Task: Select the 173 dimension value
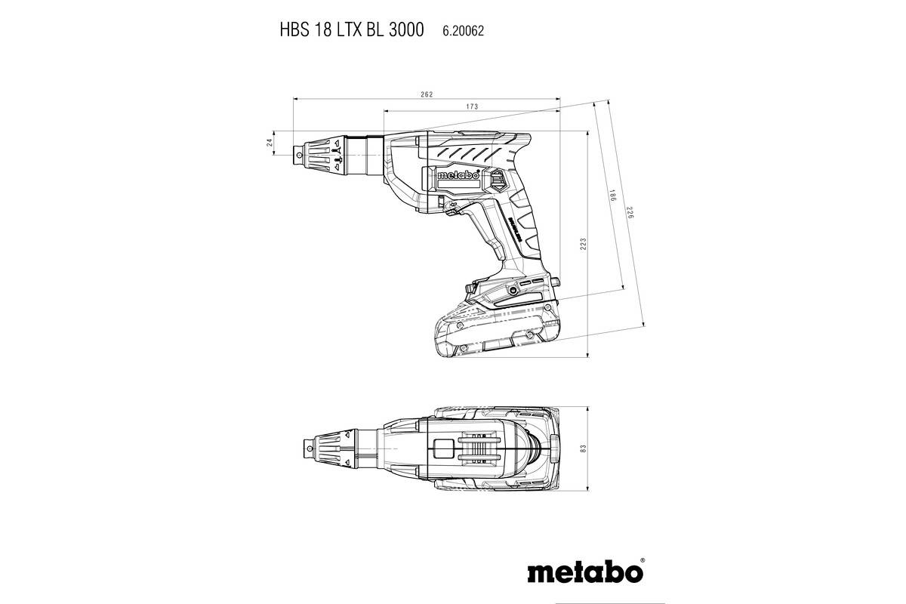(x=472, y=107)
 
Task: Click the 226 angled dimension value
(x=629, y=214)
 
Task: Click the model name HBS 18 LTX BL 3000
(x=341, y=30)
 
